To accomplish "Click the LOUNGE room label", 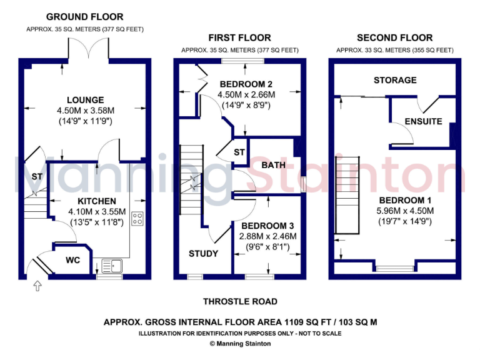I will (86, 100).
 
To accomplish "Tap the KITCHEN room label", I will (97, 201).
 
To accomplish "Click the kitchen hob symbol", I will (138, 219).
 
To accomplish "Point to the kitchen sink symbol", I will (114, 266).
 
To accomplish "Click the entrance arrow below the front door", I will (37, 286).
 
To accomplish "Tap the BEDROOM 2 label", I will (246, 84).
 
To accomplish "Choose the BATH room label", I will (273, 165).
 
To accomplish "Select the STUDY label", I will (203, 253).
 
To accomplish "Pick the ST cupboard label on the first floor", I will (239, 152).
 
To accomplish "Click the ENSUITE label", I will (423, 121).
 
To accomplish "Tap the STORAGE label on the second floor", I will (395, 80).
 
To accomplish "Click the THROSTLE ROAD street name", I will (240, 302).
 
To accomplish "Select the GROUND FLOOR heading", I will (85, 17).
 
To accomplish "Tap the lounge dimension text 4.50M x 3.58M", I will (86, 110).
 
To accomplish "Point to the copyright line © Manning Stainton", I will (240, 343).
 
